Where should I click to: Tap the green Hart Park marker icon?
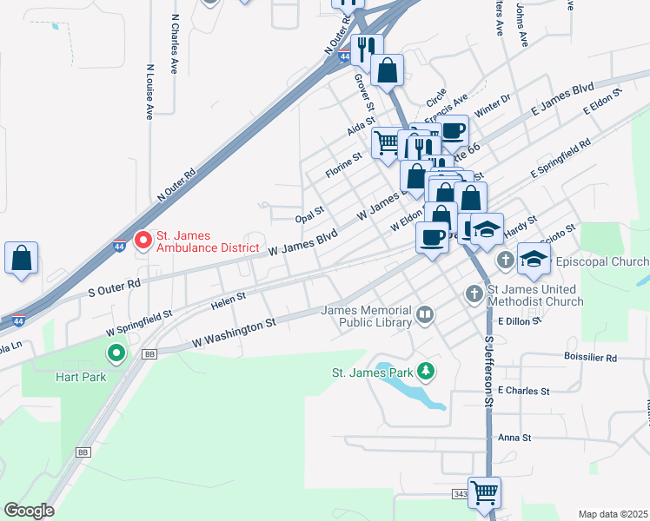click(x=116, y=353)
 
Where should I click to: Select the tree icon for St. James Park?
click(x=425, y=373)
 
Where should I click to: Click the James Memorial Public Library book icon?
click(x=425, y=315)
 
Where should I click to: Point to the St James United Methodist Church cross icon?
click(x=474, y=293)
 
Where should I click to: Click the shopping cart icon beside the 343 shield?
click(x=484, y=492)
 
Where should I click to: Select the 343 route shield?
click(x=460, y=493)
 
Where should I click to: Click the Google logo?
click(x=30, y=510)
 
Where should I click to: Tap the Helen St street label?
click(x=229, y=300)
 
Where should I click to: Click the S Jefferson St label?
click(x=488, y=373)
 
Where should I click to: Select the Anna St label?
click(x=514, y=439)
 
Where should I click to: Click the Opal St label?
click(x=309, y=213)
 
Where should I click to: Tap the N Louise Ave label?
click(x=150, y=90)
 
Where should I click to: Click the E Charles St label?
click(x=524, y=391)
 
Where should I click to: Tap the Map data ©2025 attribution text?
click(x=612, y=513)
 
